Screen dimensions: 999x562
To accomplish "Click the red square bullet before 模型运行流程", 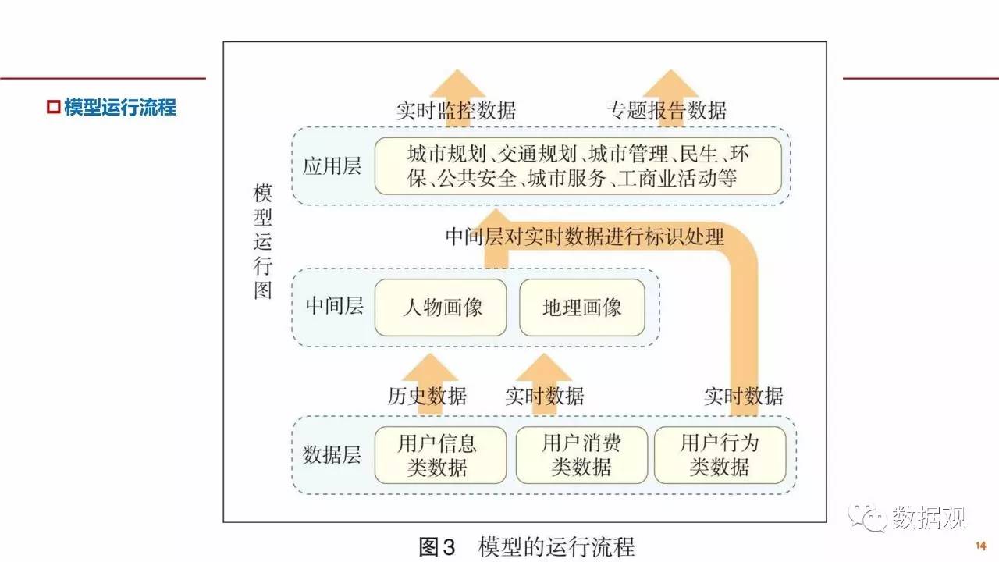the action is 54,107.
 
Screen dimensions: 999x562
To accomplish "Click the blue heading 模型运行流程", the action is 120,107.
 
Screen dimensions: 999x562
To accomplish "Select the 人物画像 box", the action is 441,308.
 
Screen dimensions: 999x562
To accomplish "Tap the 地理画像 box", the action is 582,308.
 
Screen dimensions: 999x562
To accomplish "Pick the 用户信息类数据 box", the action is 441,455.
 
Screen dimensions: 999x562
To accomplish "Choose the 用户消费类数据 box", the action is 581,455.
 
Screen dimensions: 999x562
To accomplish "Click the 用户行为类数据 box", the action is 720,455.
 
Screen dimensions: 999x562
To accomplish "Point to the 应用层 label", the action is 332,166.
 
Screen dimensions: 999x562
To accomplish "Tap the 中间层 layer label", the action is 335,306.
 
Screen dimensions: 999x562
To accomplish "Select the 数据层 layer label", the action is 332,455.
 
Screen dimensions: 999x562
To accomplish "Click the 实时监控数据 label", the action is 457,110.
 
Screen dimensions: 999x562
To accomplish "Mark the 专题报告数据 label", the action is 667,110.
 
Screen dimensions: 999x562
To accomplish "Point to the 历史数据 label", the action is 427,396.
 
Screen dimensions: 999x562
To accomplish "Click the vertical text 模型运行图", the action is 263,241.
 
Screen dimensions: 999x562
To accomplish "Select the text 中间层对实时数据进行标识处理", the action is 585,237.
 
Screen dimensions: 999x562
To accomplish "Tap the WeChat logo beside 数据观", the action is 867,518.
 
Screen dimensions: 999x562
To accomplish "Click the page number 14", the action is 981,546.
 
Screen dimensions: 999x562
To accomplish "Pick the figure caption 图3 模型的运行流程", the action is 527,546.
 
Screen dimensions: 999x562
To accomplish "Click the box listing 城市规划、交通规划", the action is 578,166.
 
